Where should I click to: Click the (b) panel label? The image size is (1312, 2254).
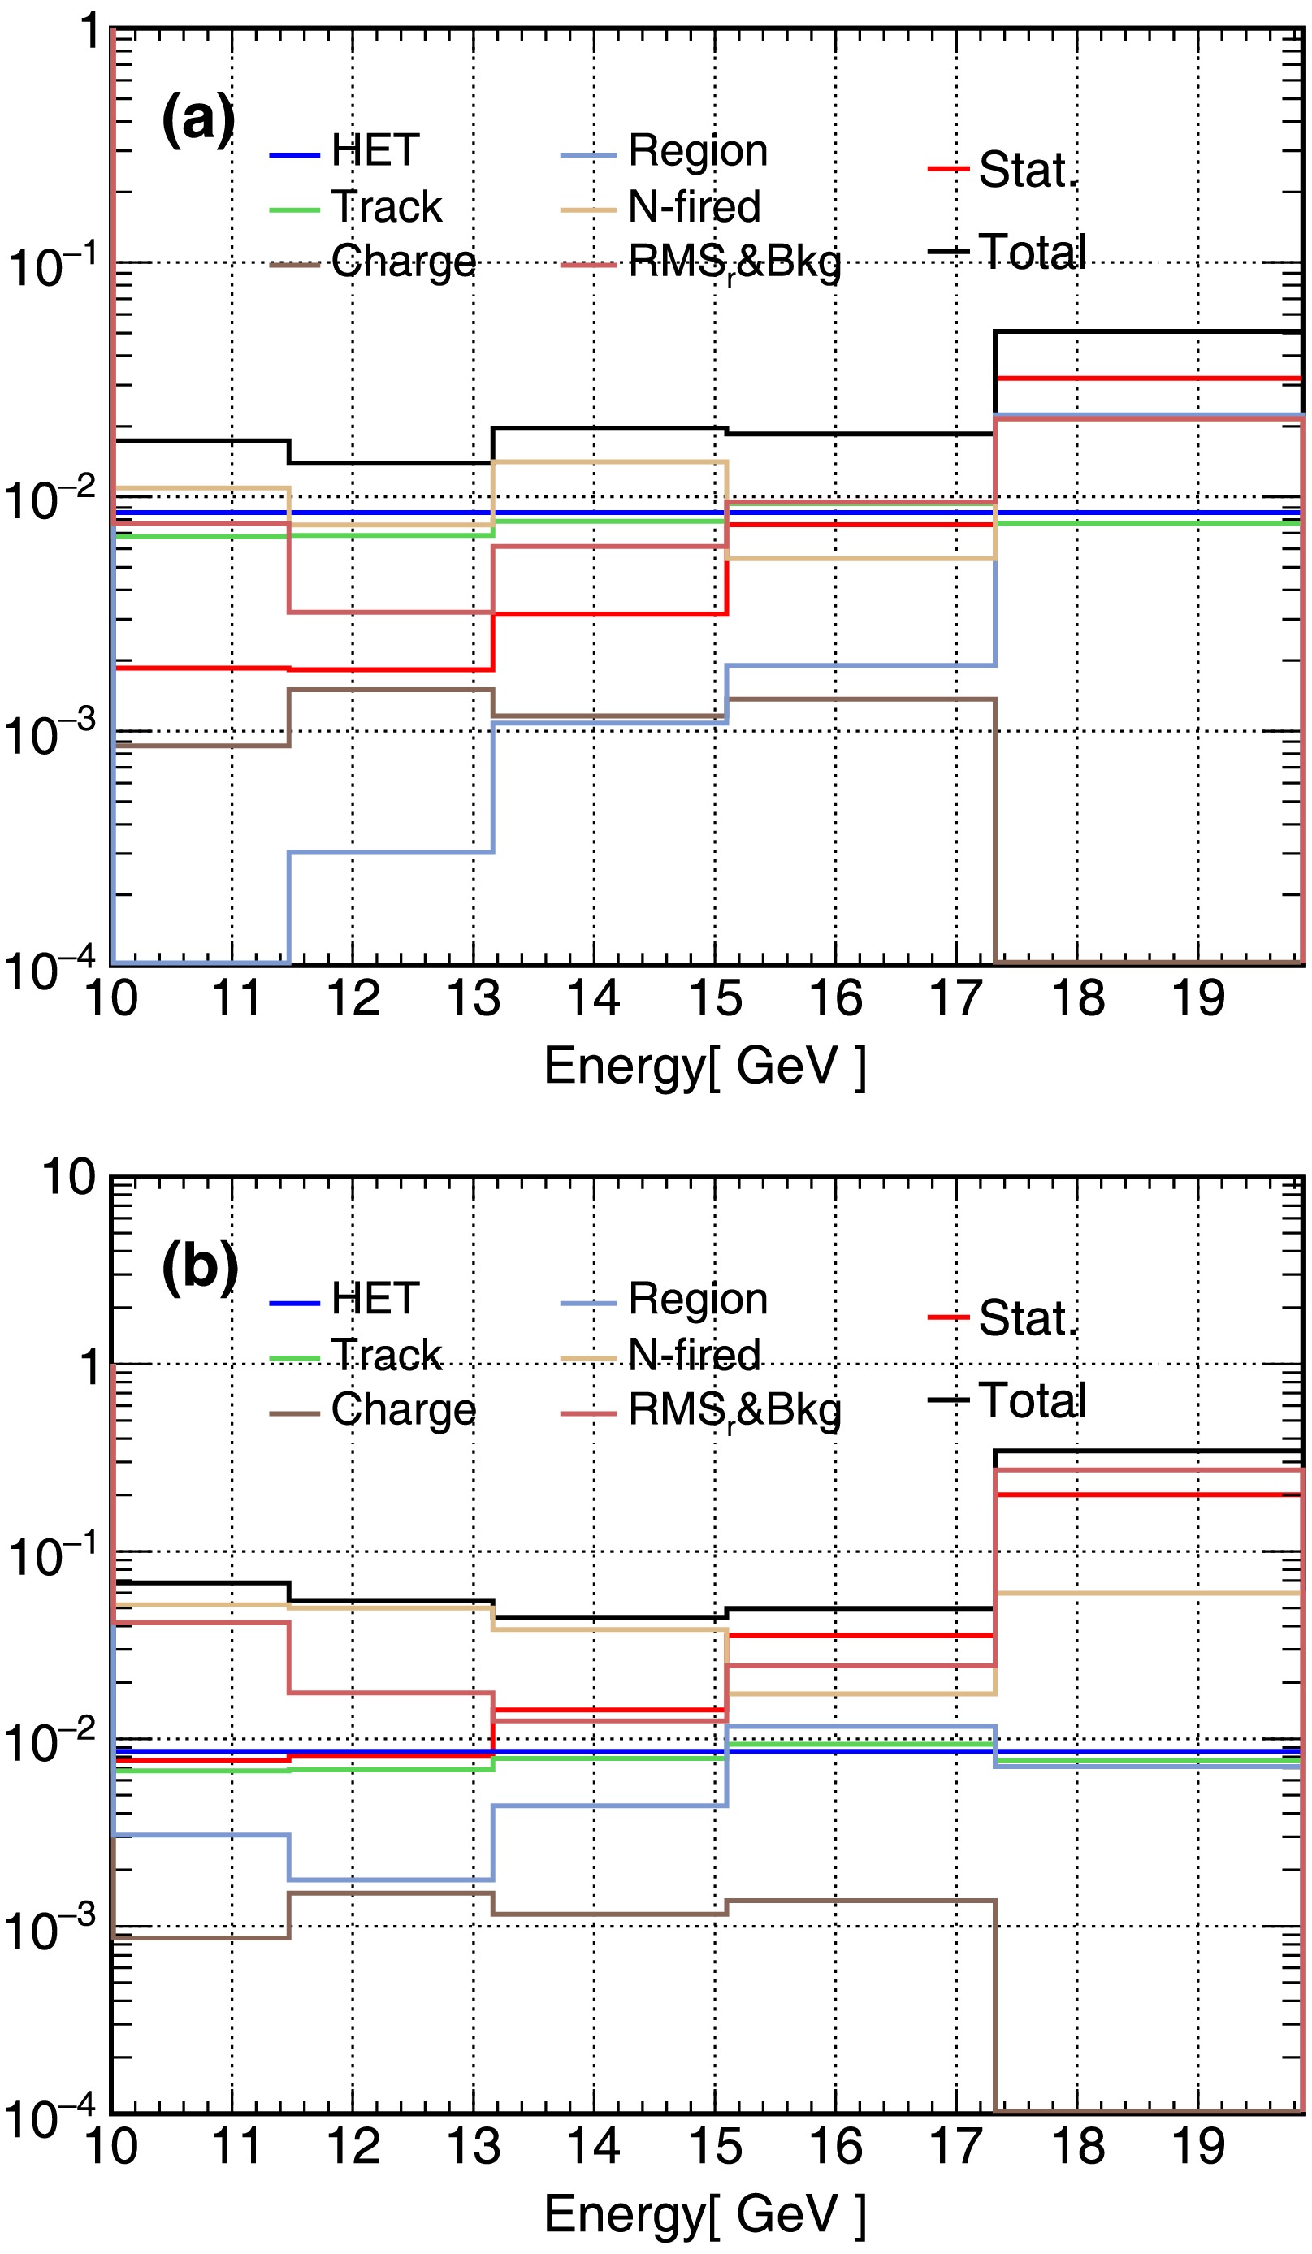pos(199,1267)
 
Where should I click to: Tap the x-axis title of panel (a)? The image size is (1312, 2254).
pos(704,1066)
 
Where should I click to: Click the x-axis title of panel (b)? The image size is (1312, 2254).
pos(704,2215)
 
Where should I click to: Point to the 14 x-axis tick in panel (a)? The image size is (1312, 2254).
pos(593,998)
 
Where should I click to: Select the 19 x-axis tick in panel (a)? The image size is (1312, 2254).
pos(1197,998)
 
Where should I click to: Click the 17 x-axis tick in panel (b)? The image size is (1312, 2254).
pos(956,2147)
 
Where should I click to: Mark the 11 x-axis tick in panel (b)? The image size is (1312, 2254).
pos(236,2147)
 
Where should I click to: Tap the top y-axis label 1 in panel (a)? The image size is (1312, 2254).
pos(89,33)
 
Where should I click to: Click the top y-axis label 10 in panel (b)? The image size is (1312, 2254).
pos(69,1177)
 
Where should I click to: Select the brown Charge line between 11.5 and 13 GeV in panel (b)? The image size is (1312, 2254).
pos(391,1893)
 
